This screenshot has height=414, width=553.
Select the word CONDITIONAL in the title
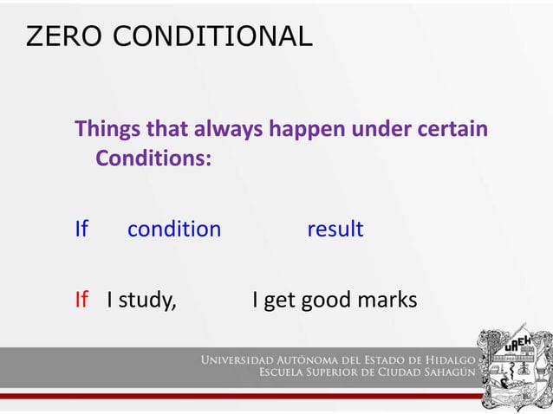[x=211, y=36]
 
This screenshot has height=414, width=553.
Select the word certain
[x=454, y=130]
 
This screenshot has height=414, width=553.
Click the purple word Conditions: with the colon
[x=153, y=159]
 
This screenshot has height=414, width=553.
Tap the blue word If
[x=81, y=230]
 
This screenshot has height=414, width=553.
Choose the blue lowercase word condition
[x=174, y=230]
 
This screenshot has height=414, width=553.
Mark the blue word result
[x=335, y=230]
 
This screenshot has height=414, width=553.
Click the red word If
[x=81, y=301]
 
